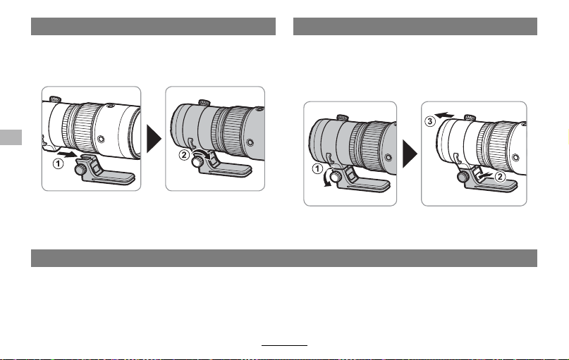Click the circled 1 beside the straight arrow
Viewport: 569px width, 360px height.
[58, 164]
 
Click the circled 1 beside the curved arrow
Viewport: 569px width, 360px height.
[317, 168]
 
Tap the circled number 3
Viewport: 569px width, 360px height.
[430, 121]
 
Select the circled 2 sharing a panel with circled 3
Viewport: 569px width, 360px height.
[500, 177]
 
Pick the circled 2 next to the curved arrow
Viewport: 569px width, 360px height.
[184, 155]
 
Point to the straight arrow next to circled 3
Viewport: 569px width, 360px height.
[444, 116]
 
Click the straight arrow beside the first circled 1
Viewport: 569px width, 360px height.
[67, 155]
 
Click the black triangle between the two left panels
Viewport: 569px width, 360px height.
[154, 139]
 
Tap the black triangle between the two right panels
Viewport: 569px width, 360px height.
[410, 154]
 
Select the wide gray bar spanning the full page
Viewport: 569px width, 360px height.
[283, 258]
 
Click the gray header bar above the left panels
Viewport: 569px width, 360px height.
[153, 27]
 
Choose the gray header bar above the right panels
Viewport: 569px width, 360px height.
[415, 27]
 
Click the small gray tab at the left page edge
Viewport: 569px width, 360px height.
[11, 137]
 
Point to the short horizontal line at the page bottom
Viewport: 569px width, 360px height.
[285, 345]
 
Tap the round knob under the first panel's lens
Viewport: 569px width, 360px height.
[80, 168]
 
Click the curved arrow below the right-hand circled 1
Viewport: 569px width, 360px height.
[329, 178]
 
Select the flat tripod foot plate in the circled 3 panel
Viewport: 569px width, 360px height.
[493, 185]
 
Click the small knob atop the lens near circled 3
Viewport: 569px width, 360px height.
[470, 118]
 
